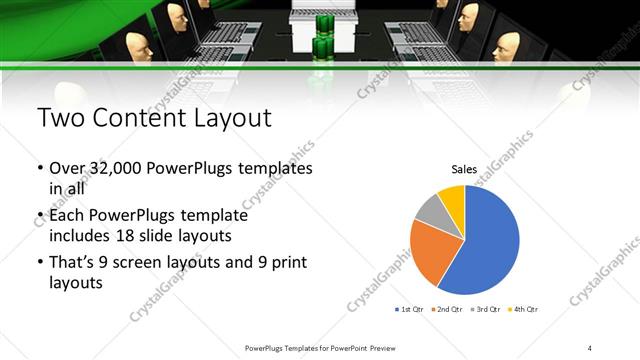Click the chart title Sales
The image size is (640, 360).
pyautogui.click(x=464, y=169)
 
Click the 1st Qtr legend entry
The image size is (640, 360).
pyautogui.click(x=411, y=310)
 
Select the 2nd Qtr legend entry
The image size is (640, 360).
pyautogui.click(x=447, y=310)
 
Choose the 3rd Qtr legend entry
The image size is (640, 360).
pyautogui.click(x=485, y=310)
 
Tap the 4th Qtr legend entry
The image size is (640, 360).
pyautogui.click(x=522, y=310)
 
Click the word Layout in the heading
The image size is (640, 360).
pyautogui.click(x=233, y=119)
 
